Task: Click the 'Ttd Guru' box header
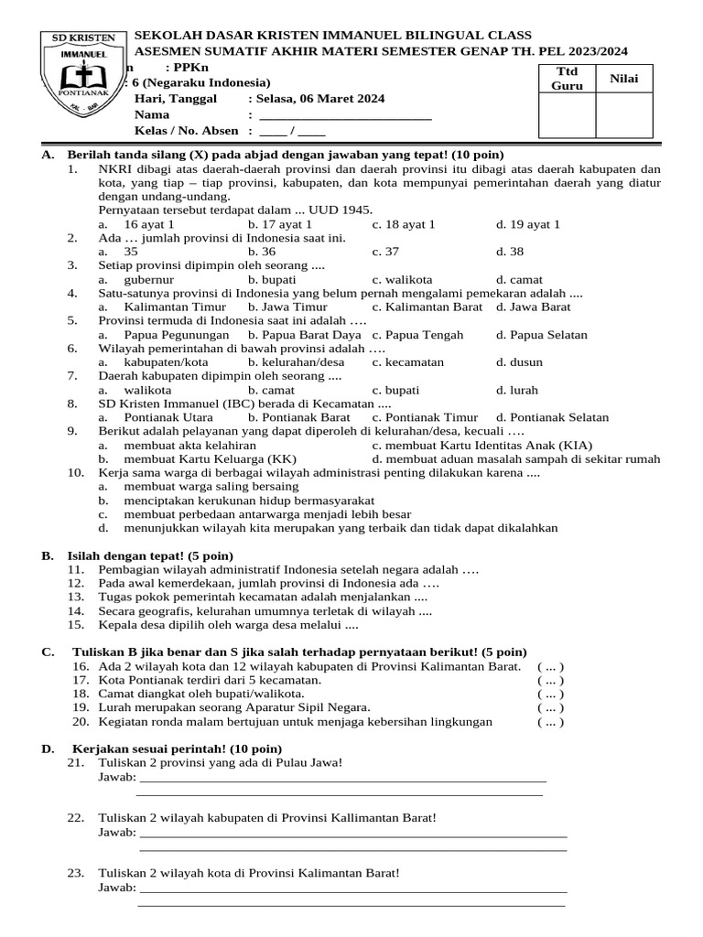(x=567, y=79)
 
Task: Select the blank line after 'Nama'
(x=345, y=115)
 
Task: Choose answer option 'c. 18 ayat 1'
(x=404, y=224)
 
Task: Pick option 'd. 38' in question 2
(x=510, y=252)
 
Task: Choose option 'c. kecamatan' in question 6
(x=407, y=362)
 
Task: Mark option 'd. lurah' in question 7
(x=516, y=390)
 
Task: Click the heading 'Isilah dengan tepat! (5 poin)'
(x=150, y=555)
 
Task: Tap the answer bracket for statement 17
(x=550, y=680)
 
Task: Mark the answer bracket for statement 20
(x=550, y=721)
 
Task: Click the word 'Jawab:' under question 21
(x=117, y=778)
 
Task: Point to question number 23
(x=76, y=873)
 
